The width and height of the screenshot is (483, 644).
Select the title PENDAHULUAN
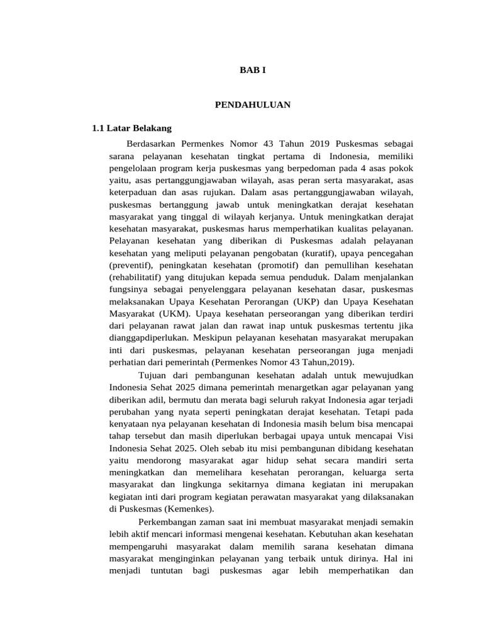pyautogui.click(x=253, y=105)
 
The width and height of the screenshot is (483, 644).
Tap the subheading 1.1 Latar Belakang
pyautogui.click(x=131, y=128)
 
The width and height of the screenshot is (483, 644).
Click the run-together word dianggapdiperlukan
pyautogui.click(x=149, y=338)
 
